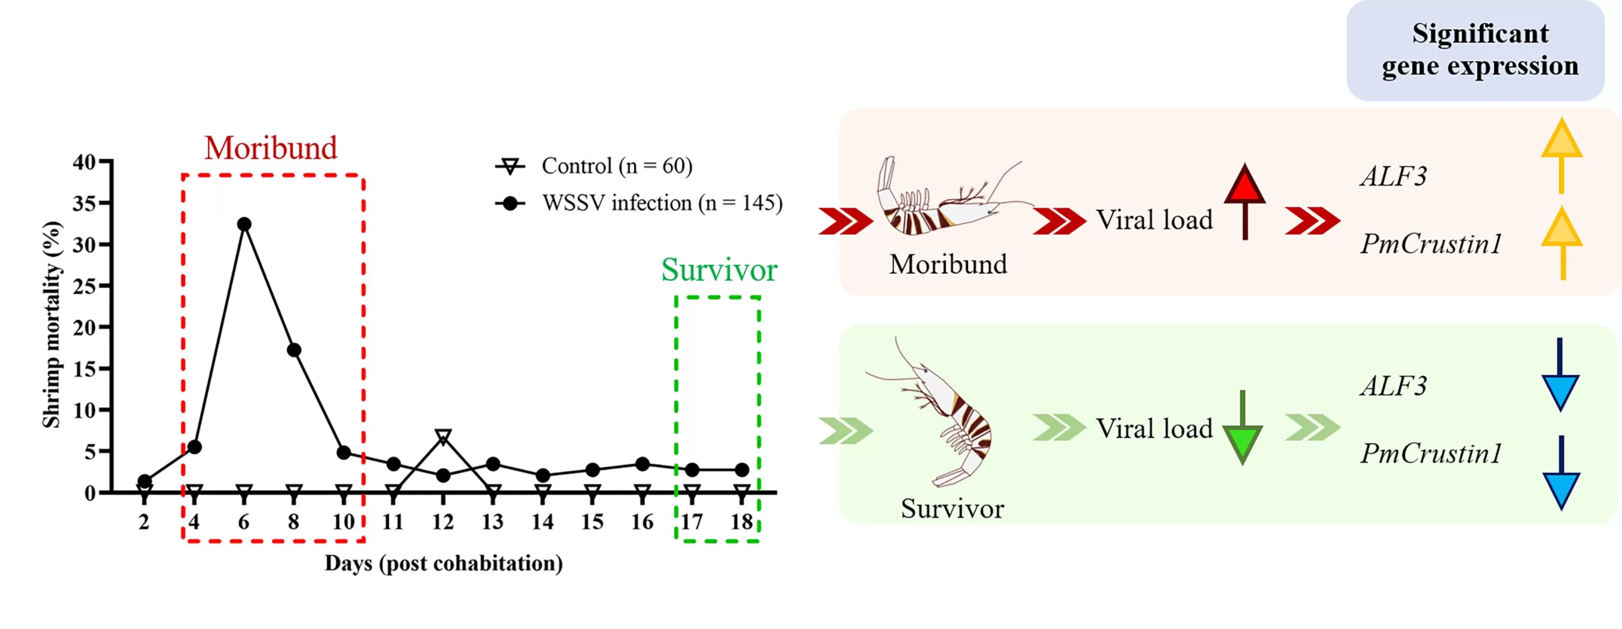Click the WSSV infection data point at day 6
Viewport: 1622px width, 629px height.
(244, 224)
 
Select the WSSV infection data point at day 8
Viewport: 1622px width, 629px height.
(293, 350)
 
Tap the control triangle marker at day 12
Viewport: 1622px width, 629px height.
(443, 436)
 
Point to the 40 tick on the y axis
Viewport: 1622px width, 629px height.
(84, 162)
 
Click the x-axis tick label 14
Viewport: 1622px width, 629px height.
(542, 522)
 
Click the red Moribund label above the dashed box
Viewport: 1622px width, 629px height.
(271, 148)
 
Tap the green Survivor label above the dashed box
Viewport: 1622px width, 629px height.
(719, 270)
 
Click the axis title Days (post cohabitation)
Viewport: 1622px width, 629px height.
(444, 563)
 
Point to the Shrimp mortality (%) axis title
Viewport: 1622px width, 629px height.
(51, 324)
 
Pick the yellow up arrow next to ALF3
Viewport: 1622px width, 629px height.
(1561, 155)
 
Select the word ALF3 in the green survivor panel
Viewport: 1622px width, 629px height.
(1393, 386)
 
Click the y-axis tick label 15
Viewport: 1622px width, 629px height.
(84, 369)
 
